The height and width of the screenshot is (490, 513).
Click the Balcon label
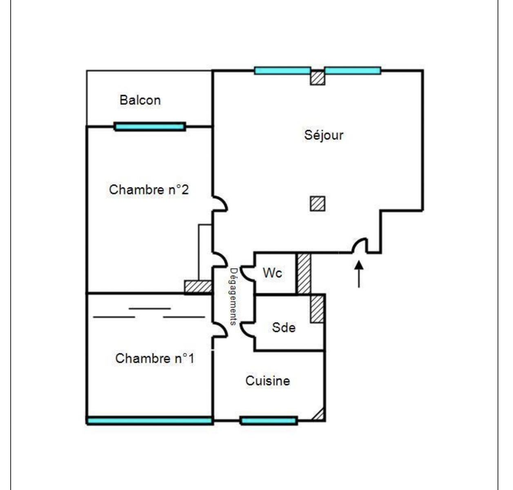(140, 100)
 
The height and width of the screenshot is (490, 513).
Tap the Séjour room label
(324, 135)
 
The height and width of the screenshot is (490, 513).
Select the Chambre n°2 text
(149, 189)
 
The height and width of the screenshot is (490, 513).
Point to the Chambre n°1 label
(155, 358)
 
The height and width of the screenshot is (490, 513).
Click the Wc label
(272, 273)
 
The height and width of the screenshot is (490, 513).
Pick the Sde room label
(284, 327)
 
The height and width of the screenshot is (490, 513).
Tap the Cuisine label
(268, 381)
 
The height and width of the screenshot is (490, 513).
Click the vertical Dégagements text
(233, 297)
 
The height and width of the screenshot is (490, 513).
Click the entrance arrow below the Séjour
(359, 274)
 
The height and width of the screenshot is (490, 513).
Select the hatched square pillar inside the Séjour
(318, 204)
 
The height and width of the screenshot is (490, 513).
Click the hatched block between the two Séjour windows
(318, 78)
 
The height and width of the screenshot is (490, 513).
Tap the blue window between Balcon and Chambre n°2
(150, 127)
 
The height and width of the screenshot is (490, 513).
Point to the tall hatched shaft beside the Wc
(304, 274)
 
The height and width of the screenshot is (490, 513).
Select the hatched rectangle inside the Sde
(317, 309)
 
